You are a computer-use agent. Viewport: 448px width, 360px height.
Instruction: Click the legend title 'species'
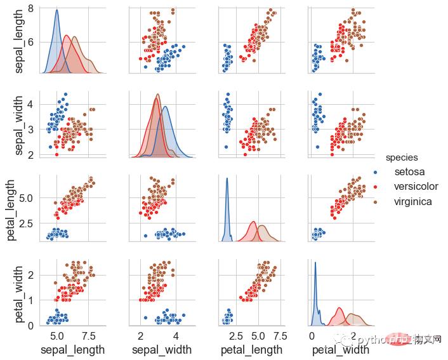(401, 157)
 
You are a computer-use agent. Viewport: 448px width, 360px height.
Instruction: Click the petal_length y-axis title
(11, 210)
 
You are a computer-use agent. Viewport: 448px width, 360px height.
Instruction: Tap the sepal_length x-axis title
(72, 350)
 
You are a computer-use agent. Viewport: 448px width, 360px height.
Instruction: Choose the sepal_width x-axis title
(162, 350)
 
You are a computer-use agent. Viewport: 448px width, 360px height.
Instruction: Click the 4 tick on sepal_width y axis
(31, 103)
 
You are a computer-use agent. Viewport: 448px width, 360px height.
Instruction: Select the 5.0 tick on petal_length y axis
(27, 197)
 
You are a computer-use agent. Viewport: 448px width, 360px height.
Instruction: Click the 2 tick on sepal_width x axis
(140, 336)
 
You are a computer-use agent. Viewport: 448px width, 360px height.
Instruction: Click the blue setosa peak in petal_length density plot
(227, 179)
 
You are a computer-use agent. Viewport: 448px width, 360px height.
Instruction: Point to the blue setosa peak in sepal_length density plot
(57, 10)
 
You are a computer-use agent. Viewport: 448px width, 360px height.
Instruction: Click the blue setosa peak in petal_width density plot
(315, 262)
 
